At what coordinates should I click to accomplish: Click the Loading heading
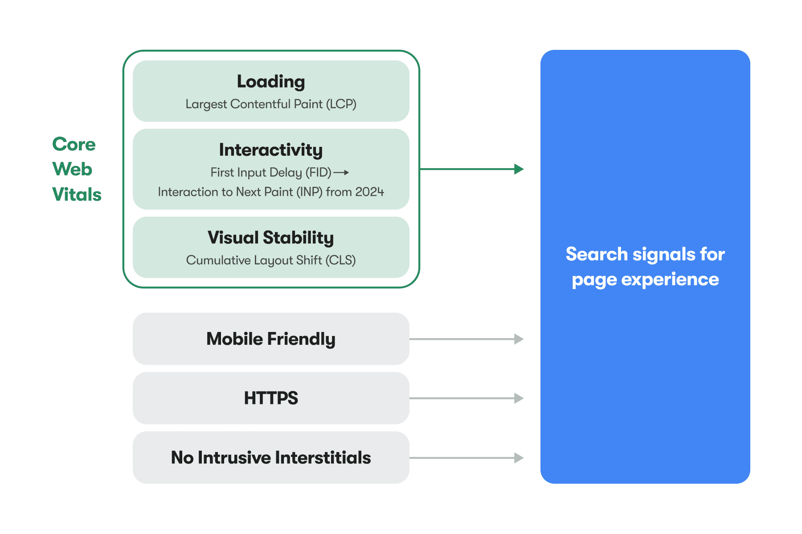271,82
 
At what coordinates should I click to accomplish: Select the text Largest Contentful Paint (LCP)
271,104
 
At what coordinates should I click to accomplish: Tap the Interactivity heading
271,150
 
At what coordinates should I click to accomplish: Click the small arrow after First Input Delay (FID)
341,172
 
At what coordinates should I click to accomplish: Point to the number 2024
369,192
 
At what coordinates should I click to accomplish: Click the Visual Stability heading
271,238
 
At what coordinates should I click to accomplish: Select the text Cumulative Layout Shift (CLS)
271,260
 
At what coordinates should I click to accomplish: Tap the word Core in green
74,144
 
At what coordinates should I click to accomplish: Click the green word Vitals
77,194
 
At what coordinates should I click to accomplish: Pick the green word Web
72,170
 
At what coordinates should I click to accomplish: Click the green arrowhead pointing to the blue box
518,169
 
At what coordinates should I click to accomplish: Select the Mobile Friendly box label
271,339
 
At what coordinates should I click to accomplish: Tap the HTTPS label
271,398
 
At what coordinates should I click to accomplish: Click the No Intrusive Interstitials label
271,457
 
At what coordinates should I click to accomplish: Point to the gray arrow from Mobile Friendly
466,339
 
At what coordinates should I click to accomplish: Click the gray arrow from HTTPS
466,398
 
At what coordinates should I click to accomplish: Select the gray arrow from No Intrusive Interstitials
466,457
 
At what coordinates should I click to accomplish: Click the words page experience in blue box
645,279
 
